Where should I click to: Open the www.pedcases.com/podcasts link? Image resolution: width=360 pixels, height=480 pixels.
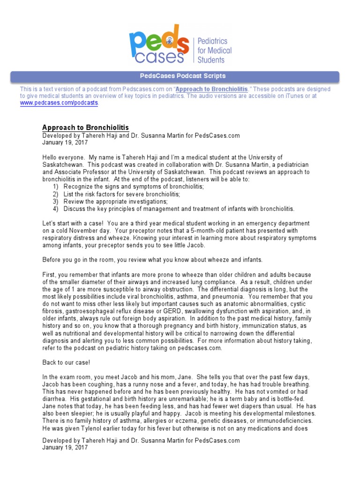tap(59, 103)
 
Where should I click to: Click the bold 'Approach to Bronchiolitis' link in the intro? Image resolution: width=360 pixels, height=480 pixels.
tap(212, 89)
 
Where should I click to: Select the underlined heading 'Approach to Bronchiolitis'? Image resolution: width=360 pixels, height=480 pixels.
tap(85, 128)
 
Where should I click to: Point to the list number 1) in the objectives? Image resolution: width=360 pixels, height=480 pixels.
tap(56, 187)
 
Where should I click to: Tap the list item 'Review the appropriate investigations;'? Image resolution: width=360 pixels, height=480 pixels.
tap(115, 202)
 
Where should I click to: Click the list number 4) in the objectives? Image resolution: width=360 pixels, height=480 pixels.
tap(56, 209)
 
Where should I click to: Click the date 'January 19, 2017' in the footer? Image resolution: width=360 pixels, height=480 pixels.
tap(65, 448)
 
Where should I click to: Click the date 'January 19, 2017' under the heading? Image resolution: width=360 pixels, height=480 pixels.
tap(65, 142)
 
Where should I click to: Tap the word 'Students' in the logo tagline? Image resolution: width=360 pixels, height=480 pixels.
tap(211, 60)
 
